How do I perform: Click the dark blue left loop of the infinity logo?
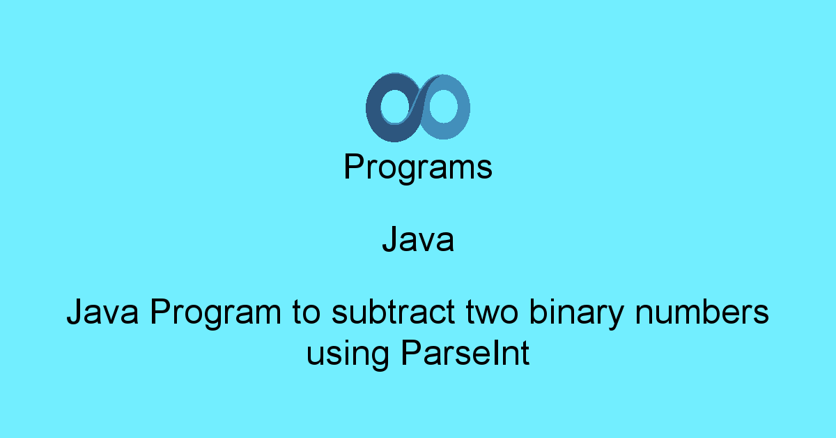click(x=373, y=108)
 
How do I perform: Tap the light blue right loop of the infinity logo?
click(x=463, y=108)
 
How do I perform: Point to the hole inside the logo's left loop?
click(x=396, y=107)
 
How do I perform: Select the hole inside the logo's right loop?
click(x=443, y=106)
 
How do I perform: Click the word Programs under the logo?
click(x=418, y=167)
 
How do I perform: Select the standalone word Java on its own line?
click(x=418, y=239)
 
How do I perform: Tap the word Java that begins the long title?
click(x=102, y=312)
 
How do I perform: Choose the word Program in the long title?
click(x=215, y=313)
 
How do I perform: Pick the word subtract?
click(x=393, y=312)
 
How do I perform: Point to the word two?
click(x=492, y=312)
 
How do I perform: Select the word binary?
click(x=577, y=313)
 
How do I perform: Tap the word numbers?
click(x=702, y=312)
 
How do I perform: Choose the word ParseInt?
click(x=465, y=353)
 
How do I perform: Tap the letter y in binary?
click(x=614, y=317)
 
